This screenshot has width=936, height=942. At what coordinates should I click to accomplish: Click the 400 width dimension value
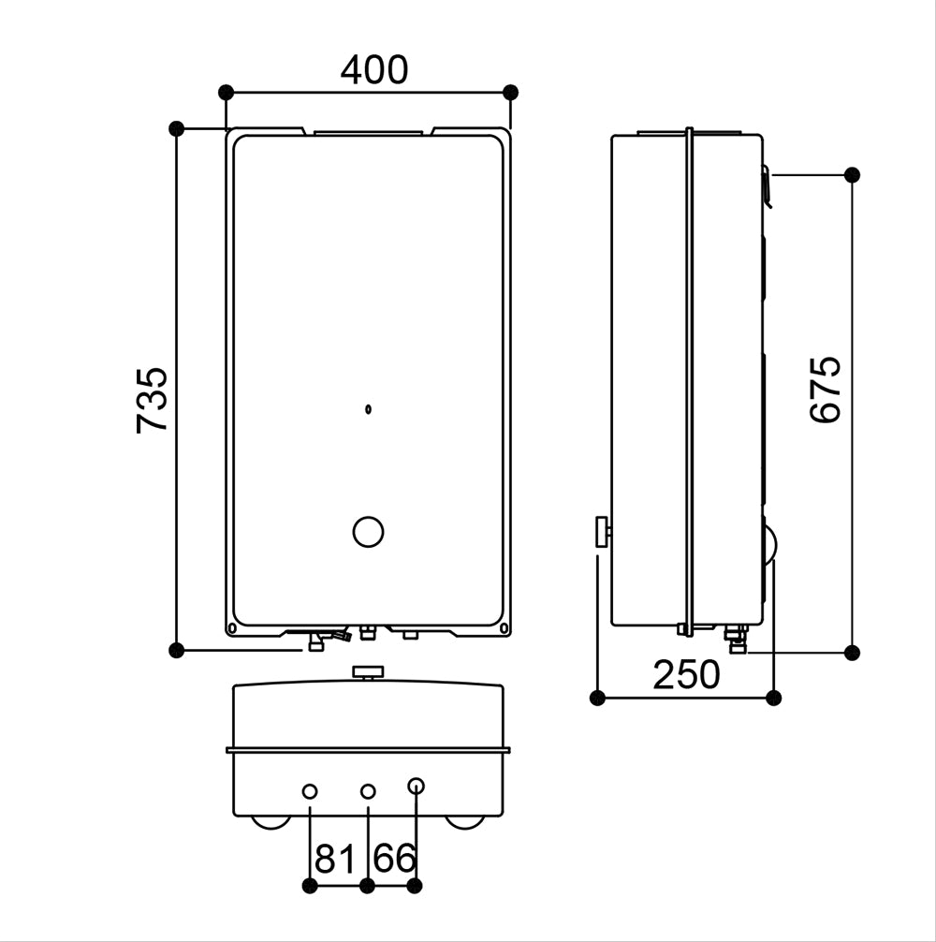tap(373, 70)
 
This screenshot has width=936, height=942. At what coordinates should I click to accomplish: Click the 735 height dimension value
tap(153, 399)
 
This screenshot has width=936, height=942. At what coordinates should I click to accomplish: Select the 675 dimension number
tap(826, 390)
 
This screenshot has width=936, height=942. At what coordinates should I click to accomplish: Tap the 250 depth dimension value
tap(686, 674)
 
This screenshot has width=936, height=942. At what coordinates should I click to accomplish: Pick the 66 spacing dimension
tap(394, 858)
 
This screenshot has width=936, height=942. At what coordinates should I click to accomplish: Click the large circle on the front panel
tap(368, 532)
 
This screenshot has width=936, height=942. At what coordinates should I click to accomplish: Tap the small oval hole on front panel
tap(368, 408)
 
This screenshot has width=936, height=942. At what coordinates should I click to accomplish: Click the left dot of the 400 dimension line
tap(226, 92)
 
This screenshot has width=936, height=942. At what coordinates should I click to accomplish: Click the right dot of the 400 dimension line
tap(510, 92)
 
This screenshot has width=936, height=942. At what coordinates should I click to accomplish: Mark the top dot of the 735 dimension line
tap(176, 128)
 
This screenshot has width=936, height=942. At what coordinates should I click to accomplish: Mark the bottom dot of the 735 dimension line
tap(176, 650)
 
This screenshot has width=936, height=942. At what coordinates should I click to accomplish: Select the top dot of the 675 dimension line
tap(852, 174)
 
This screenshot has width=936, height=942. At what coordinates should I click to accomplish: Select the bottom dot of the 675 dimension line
tap(852, 653)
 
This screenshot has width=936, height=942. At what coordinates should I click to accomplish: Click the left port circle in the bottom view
tap(310, 792)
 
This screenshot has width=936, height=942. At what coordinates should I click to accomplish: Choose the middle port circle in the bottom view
tap(368, 792)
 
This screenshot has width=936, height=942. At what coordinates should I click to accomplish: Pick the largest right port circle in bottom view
tap(417, 787)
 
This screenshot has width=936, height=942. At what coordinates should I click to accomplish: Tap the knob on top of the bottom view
tap(368, 671)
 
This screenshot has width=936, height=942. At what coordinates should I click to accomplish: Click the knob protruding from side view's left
tap(599, 533)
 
